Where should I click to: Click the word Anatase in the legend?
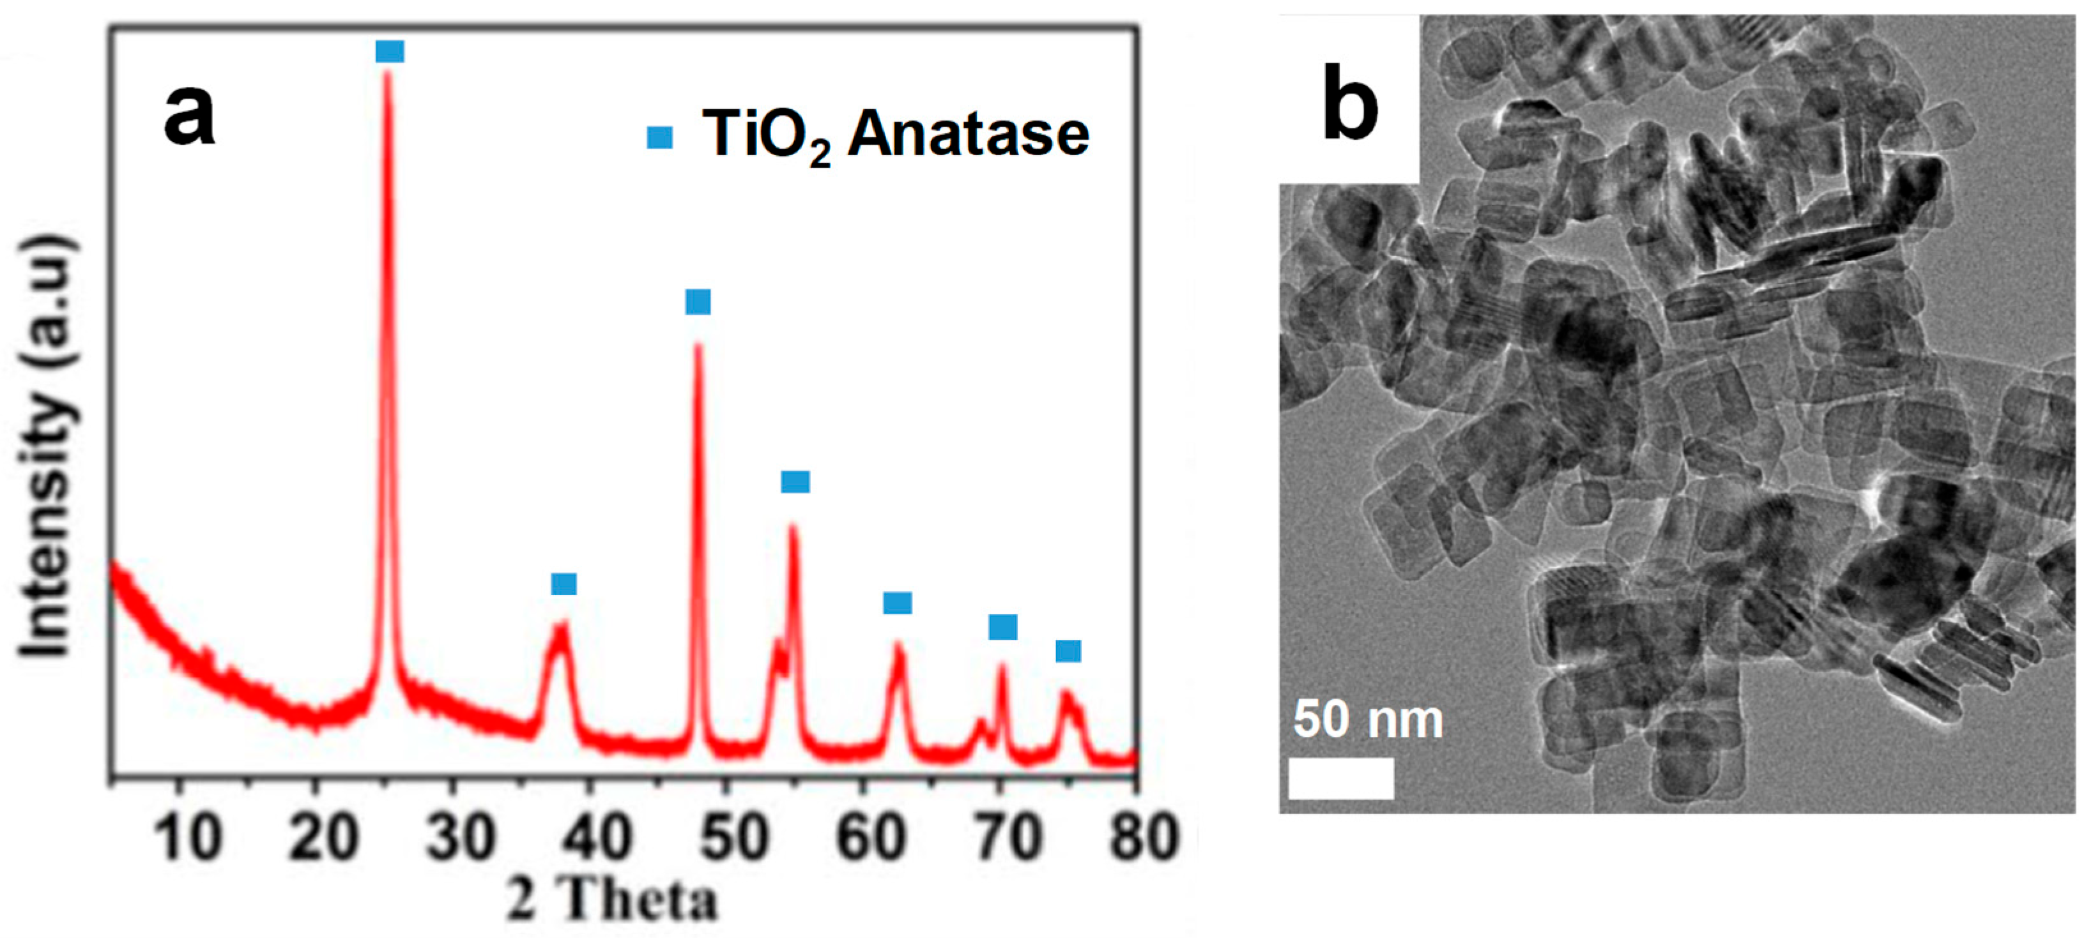968,134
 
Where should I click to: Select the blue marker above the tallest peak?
390,52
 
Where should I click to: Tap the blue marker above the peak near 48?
698,302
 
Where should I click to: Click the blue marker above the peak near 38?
564,584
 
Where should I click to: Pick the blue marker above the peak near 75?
1068,651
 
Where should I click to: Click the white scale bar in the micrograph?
1342,778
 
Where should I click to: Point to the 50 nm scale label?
1368,720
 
